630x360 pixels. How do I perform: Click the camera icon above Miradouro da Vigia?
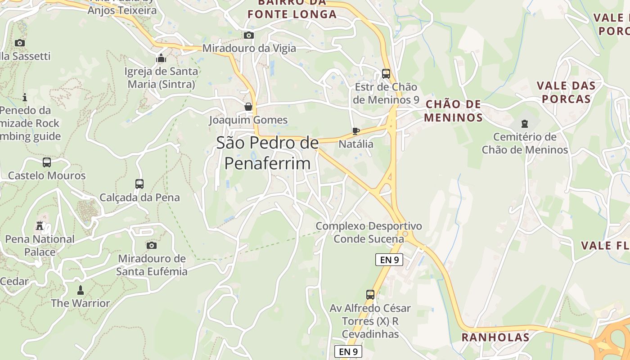[248, 35]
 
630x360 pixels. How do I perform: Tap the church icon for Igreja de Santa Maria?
[161, 58]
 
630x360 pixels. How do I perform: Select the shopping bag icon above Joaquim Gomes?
[248, 107]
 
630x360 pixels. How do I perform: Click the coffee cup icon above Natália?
[355, 131]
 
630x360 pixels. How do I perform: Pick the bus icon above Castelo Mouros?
[46, 162]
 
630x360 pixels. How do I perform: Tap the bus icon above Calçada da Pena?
[139, 184]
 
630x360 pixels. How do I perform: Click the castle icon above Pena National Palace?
[40, 226]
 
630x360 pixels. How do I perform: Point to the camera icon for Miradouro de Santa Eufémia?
[152, 245]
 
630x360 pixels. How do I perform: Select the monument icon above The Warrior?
[81, 290]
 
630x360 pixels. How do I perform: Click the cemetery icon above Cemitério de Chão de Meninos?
[524, 123]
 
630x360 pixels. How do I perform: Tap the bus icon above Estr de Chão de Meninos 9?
[386, 74]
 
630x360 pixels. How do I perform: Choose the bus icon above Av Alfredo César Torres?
[370, 295]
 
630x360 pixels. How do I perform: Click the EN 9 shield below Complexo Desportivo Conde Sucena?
[389, 260]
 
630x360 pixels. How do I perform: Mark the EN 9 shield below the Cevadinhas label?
[348, 351]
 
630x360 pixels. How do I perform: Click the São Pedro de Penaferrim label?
[267, 153]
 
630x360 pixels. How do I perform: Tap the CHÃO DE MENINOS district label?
[453, 111]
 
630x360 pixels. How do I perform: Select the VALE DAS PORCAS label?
[566, 92]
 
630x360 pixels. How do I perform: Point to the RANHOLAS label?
[495, 337]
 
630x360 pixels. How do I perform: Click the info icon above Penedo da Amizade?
[25, 97]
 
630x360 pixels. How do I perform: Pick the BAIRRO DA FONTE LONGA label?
[292, 9]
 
